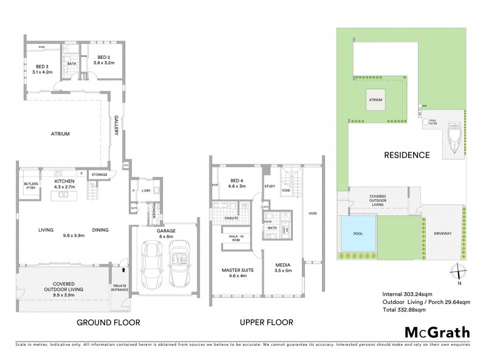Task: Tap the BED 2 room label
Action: (x=101, y=59)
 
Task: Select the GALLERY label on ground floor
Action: (x=117, y=127)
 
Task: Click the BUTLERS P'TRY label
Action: (x=31, y=186)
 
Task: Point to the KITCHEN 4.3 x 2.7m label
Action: (x=64, y=184)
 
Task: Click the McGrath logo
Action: (x=437, y=332)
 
